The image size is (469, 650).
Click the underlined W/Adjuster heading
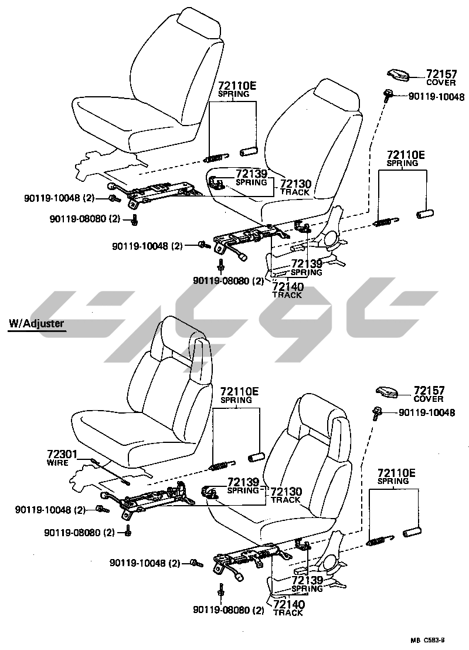click(36, 323)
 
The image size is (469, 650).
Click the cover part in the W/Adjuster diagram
click(388, 392)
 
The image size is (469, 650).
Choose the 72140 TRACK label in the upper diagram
click(287, 290)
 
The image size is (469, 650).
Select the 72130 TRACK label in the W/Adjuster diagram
click(286, 495)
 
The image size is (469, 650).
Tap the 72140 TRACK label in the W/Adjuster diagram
click(288, 608)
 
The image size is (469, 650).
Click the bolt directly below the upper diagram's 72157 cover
click(388, 94)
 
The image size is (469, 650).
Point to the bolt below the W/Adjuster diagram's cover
click(376, 413)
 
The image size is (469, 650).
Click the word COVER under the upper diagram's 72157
click(440, 83)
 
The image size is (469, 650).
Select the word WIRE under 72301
click(58, 462)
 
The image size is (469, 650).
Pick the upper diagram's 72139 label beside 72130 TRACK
click(252, 174)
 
